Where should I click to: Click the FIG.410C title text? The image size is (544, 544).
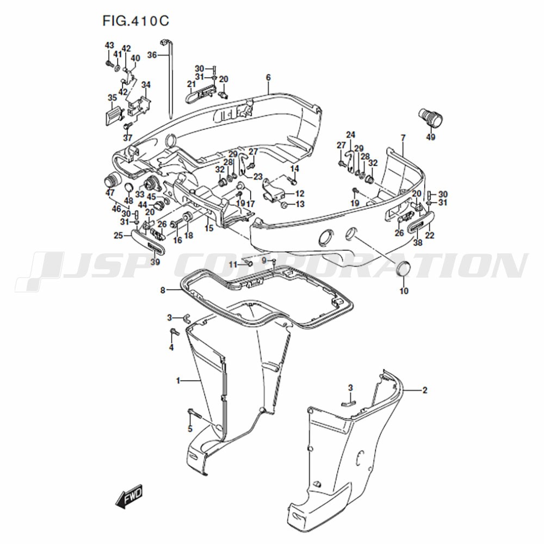[135, 21]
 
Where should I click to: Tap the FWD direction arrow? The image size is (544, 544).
[129, 497]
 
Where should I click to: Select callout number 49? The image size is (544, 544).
[430, 138]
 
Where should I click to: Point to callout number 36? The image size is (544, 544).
[152, 55]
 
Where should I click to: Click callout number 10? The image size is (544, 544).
[404, 290]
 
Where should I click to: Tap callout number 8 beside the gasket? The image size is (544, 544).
[163, 290]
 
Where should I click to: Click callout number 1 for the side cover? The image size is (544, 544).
[178, 381]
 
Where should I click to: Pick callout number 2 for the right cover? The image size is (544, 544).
[425, 390]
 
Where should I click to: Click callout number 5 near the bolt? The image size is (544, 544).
[190, 429]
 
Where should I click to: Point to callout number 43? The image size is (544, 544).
[109, 46]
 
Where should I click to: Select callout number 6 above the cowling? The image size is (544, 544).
[268, 78]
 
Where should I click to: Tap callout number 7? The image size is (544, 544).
[403, 138]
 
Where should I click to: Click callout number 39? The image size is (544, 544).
[155, 262]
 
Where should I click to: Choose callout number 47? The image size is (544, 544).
[110, 193]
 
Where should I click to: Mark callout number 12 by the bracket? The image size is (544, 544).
[300, 194]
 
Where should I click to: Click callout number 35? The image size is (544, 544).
[112, 97]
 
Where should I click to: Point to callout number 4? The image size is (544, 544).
[171, 347]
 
